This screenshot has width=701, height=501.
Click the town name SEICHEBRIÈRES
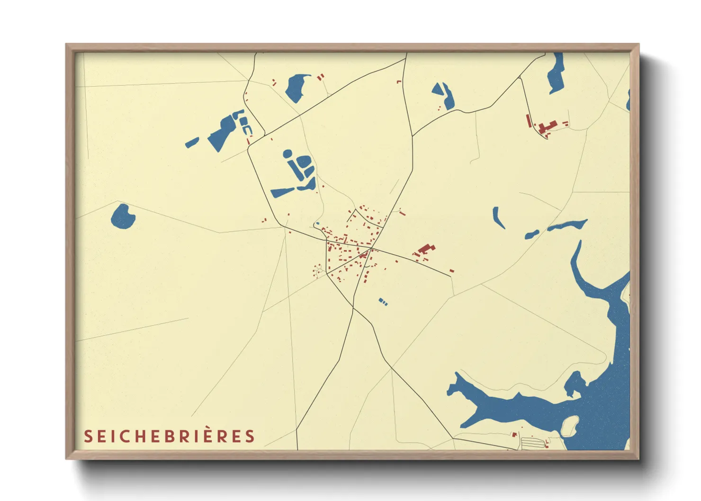[169, 436]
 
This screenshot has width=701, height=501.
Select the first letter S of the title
[88, 436]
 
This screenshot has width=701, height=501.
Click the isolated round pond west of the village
[123, 217]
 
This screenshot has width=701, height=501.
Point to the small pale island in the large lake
[570, 425]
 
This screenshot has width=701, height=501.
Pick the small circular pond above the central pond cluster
[287, 153]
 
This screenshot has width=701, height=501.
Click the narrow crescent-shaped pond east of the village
[498, 217]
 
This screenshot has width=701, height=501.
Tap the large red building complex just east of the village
[426, 250]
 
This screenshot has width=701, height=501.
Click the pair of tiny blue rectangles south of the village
[383, 302]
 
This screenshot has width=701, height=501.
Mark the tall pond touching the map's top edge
[556, 72]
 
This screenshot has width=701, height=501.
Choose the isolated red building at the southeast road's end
[451, 271]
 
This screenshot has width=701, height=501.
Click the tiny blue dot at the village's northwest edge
[318, 224]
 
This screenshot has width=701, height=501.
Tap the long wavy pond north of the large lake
[567, 225]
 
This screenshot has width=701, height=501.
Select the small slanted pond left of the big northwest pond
[192, 142]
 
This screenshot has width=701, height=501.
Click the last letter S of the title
[250, 436]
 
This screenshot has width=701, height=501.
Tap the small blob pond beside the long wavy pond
[531, 234]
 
